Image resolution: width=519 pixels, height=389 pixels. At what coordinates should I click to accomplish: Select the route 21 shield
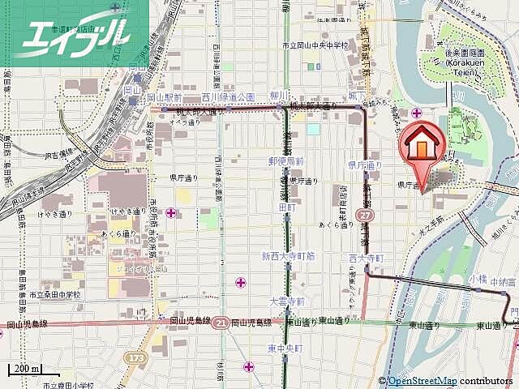221,322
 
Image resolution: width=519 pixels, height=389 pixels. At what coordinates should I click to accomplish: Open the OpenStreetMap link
422,381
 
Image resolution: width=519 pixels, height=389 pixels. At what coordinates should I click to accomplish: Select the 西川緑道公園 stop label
228,97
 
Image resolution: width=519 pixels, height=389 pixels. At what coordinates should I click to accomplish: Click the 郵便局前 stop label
286,162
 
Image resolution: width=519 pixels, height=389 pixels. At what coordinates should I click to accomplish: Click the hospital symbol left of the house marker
416,112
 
